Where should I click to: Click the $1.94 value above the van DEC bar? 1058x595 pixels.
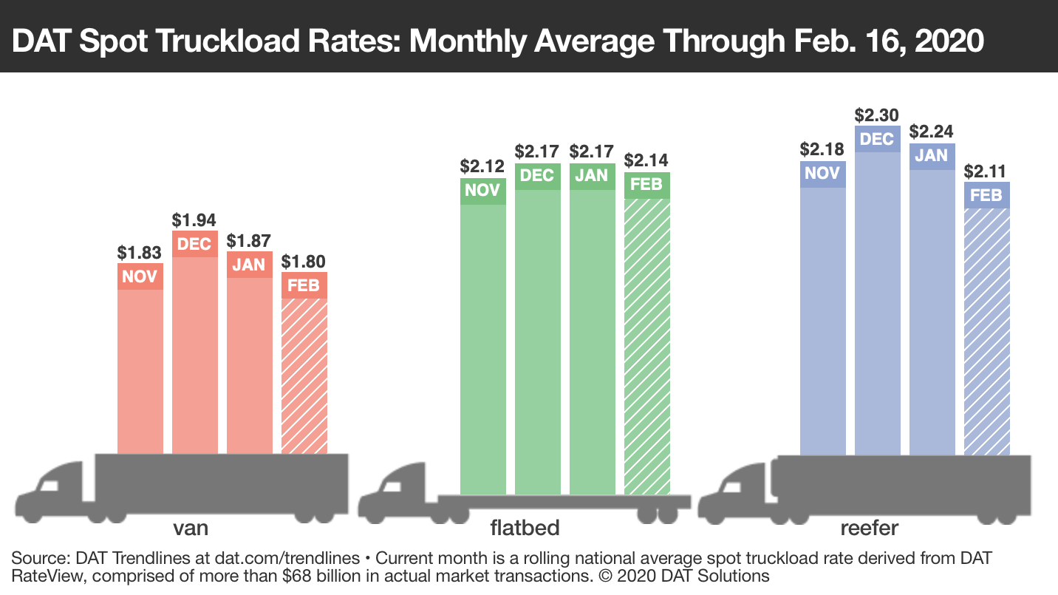[x=195, y=220]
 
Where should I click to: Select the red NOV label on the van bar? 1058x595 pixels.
[x=140, y=276]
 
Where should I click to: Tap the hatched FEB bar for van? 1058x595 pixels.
[x=304, y=375]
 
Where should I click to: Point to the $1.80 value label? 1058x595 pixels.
[x=304, y=262]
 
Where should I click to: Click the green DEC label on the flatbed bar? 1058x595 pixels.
[x=537, y=176]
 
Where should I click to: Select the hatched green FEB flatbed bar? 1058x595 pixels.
[x=646, y=346]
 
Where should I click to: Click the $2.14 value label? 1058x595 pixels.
[x=646, y=160]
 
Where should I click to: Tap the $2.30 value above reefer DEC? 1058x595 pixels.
[x=878, y=115]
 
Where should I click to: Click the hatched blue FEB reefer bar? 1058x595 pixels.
[x=986, y=331]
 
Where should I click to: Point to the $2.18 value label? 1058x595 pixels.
[x=823, y=149]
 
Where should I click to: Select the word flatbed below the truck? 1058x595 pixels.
[x=525, y=528]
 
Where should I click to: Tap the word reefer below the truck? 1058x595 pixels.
[x=869, y=528]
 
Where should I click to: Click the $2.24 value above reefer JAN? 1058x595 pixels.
[x=932, y=132]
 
